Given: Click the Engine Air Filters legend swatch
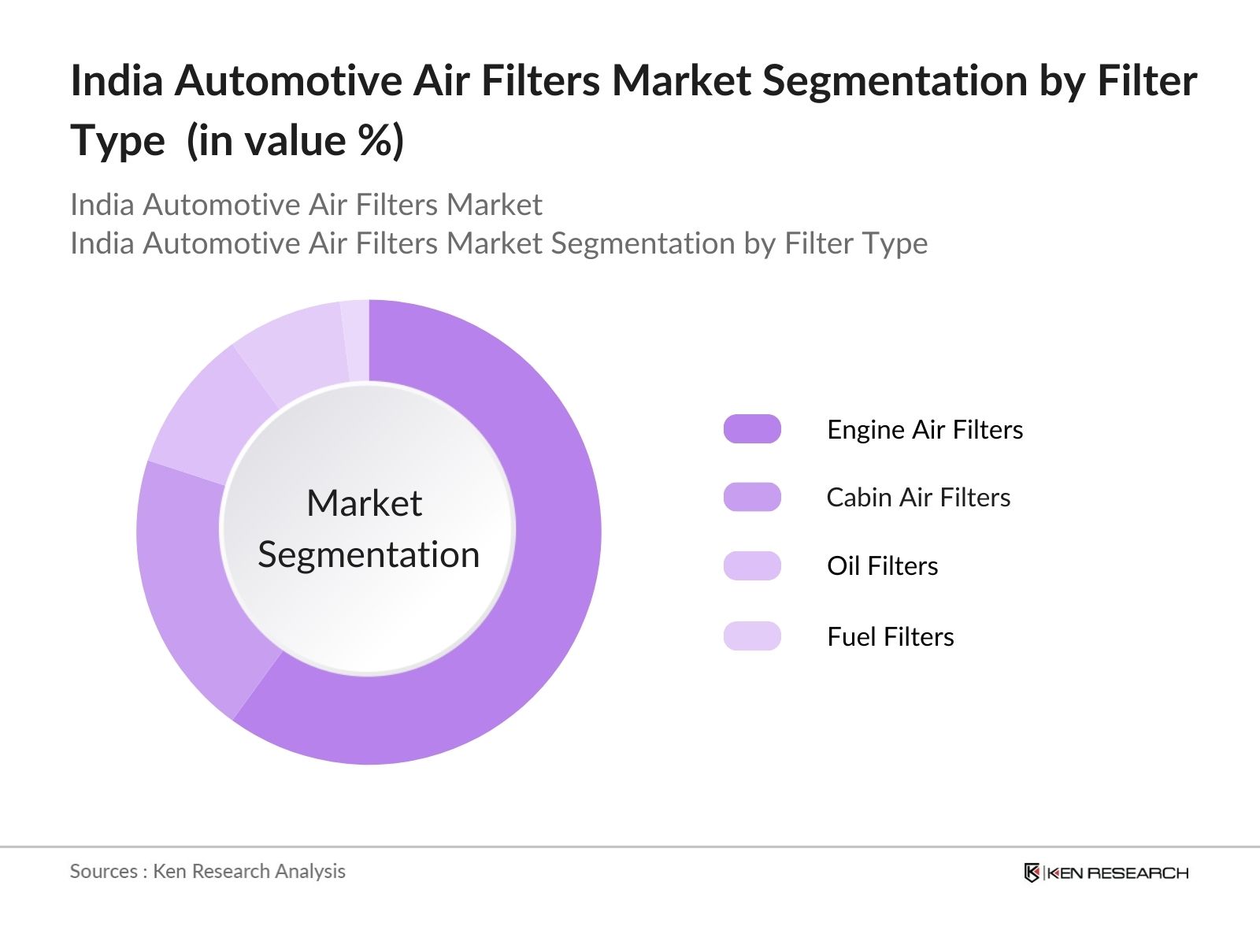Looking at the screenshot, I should [x=752, y=429].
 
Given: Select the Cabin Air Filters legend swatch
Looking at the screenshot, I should [x=752, y=497].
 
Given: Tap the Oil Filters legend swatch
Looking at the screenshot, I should [x=752, y=565].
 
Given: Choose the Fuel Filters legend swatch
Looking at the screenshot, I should [x=752, y=636].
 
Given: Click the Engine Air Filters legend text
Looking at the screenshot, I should [x=925, y=430].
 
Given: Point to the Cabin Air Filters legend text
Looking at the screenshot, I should [x=918, y=498].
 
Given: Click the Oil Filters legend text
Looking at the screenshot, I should [x=882, y=566].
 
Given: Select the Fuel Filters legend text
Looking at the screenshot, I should [x=890, y=636].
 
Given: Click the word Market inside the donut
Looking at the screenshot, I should [x=364, y=503].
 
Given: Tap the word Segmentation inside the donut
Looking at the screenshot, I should [x=369, y=554].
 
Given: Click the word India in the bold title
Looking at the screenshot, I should [x=117, y=81].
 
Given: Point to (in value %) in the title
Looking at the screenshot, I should [x=295, y=142].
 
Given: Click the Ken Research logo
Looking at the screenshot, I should [x=1106, y=873].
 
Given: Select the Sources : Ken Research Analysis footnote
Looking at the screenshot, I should [x=207, y=871].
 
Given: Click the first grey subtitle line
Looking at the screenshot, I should [x=306, y=205].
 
